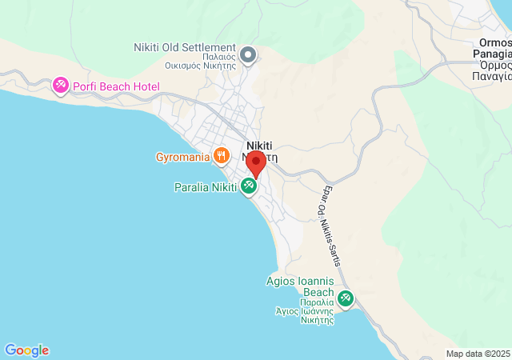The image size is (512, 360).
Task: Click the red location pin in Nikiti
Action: pos(255,163)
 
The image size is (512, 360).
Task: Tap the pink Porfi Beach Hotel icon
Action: pos(60,85)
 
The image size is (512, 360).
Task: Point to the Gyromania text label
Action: pos(182,156)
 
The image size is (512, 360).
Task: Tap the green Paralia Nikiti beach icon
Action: pos(249,186)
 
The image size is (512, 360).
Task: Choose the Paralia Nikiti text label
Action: pos(205,187)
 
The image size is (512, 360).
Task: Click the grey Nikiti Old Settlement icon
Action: pos(249,54)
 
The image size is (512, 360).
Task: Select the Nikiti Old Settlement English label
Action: pos(184,48)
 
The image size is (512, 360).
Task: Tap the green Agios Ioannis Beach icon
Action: pos(346,299)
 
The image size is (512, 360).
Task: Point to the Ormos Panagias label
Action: pos(492,49)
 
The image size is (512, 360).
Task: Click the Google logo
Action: pos(26,350)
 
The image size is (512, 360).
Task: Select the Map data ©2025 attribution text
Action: pos(478,354)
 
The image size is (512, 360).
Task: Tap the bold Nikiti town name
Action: pos(259,145)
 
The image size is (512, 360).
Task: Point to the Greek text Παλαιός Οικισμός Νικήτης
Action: pos(200,61)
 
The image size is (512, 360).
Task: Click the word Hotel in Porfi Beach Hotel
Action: pos(146,86)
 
